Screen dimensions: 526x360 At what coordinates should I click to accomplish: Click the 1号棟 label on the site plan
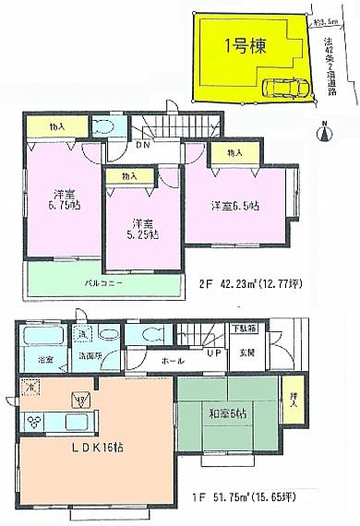tap(244, 48)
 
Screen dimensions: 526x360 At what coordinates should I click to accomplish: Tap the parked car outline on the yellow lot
tap(284, 89)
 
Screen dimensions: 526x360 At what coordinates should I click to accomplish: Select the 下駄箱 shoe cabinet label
tap(244, 329)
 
